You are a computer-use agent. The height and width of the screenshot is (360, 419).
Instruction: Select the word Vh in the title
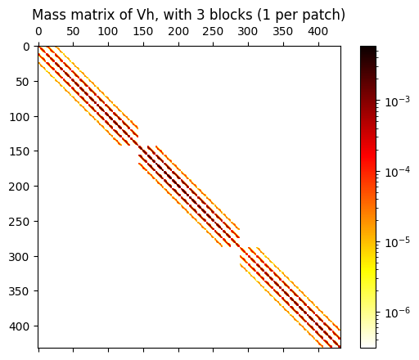[142, 15]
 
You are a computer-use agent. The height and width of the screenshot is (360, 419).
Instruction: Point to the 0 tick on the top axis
[38, 32]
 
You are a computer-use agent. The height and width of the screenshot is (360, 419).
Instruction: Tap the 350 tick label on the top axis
[282, 32]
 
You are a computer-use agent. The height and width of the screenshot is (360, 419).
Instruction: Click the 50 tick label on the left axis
[23, 82]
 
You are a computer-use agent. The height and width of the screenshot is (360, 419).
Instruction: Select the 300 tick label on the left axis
[20, 256]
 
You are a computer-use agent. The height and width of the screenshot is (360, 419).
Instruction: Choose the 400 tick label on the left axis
[20, 326]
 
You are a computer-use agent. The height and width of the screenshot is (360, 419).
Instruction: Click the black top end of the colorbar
[368, 49]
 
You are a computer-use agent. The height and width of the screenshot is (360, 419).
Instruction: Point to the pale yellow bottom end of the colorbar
[368, 344]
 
